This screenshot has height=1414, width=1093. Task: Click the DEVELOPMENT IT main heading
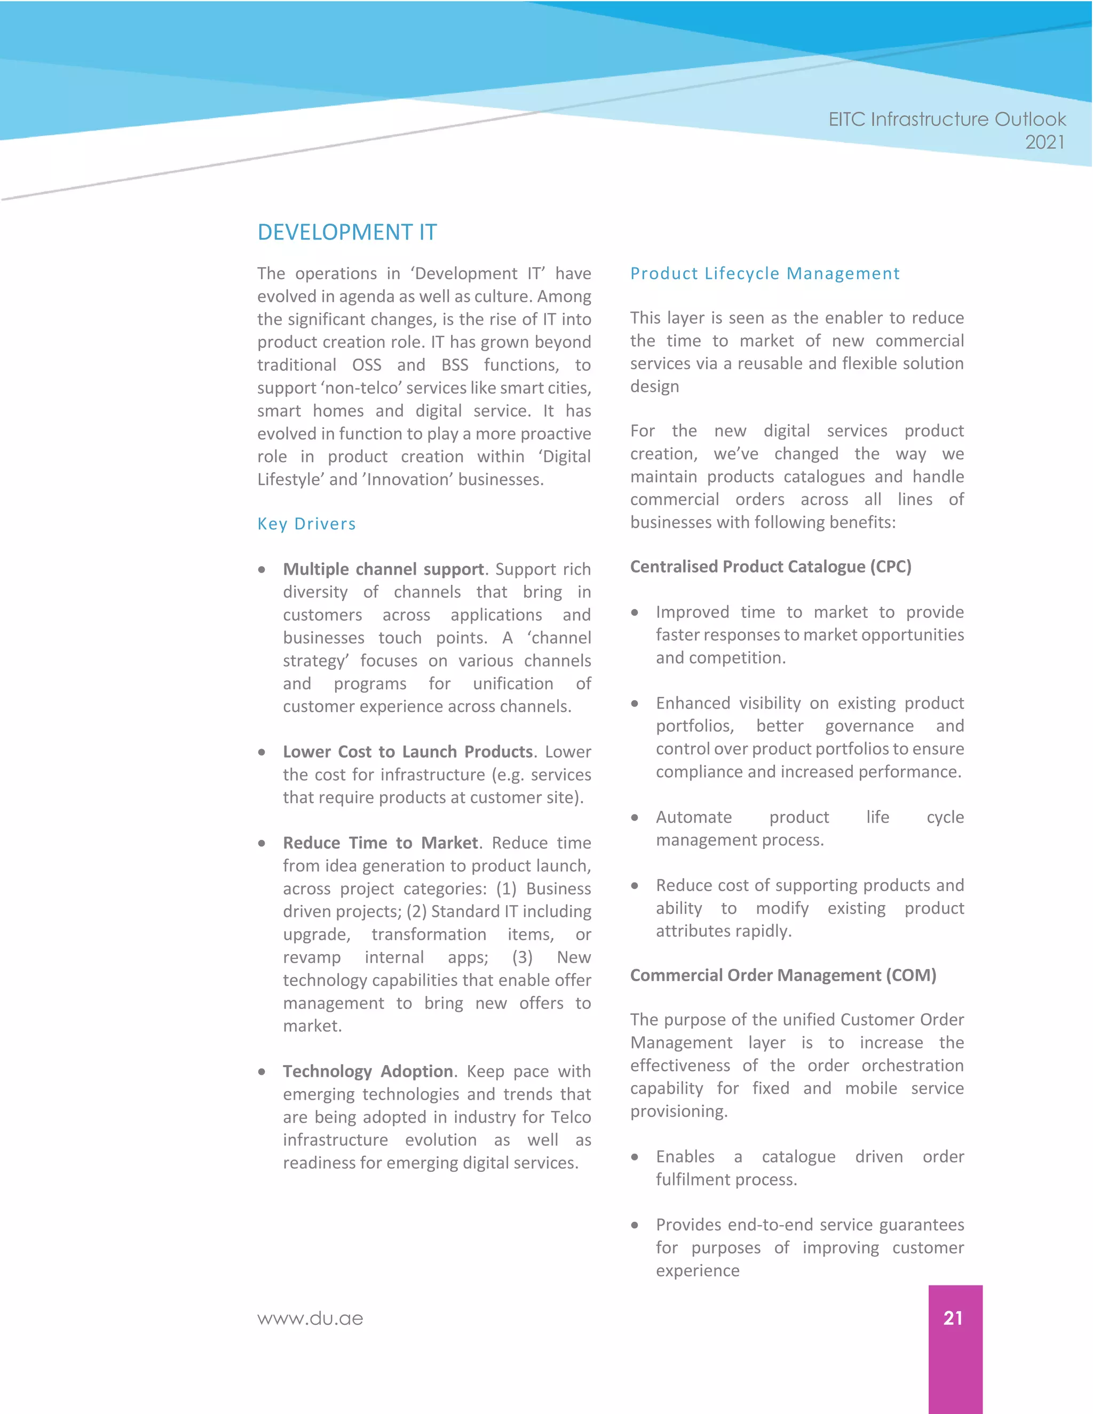(346, 232)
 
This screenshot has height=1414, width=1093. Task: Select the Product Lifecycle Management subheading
(764, 273)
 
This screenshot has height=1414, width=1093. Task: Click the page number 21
(953, 1317)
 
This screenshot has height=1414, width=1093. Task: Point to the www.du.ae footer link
(310, 1318)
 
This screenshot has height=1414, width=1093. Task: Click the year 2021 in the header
(1044, 142)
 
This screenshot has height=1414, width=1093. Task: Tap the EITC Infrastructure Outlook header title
(947, 119)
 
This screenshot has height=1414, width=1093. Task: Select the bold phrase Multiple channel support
(383, 569)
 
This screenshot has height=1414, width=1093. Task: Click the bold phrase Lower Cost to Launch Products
(407, 752)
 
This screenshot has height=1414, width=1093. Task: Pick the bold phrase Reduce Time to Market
(380, 843)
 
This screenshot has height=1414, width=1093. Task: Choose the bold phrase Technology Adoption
(368, 1071)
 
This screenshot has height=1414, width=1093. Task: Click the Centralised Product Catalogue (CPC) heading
(771, 567)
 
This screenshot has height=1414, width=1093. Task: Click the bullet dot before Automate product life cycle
(635, 817)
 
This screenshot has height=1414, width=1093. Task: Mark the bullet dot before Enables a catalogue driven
(635, 1157)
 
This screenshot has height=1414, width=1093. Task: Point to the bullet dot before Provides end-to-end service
(635, 1225)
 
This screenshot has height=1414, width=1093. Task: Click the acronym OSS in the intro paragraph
(367, 365)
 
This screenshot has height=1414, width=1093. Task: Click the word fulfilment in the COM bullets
(690, 1180)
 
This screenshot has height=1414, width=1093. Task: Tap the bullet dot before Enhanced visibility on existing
(635, 704)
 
